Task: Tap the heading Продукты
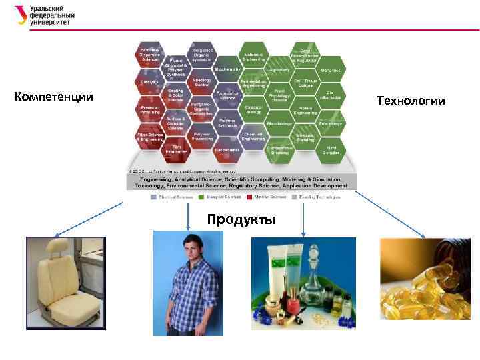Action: pos(241,219)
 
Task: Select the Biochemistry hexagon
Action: pos(227,69)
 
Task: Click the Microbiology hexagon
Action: pos(280,123)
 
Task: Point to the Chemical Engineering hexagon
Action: pos(254,136)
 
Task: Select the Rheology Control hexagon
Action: pos(202,82)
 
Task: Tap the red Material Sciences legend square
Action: pos(249,197)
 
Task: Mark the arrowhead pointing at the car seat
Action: pos(55,236)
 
